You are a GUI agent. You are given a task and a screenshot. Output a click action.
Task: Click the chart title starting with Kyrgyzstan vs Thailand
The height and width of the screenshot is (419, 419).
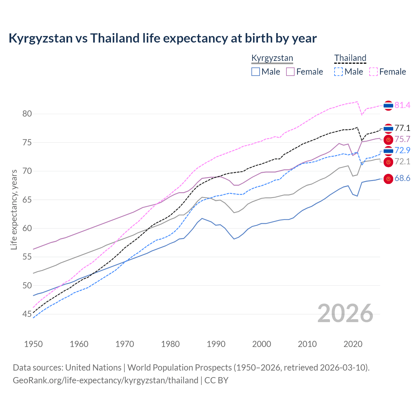pos(162,38)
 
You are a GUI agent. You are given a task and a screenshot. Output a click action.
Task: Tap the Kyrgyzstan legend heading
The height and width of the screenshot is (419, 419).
pos(272,58)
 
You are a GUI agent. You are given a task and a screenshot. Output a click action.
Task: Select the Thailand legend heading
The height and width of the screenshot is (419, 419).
pos(350,58)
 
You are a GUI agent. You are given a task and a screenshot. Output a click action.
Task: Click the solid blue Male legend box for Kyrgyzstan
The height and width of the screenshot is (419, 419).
pos(256,72)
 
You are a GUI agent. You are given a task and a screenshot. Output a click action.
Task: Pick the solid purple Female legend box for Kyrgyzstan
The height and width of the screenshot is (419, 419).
pos(290,72)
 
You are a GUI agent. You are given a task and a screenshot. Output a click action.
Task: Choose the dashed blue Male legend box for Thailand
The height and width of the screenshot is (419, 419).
pos(338,72)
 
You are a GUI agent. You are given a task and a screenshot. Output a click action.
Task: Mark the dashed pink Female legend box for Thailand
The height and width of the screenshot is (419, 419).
pos(373,72)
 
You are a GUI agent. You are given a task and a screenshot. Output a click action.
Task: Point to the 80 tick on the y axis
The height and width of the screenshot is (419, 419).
pos(27,114)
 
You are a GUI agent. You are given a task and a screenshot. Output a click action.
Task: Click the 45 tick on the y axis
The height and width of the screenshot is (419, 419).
pos(27,314)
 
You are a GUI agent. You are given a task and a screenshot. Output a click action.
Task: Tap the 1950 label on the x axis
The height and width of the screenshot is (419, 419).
pos(33,344)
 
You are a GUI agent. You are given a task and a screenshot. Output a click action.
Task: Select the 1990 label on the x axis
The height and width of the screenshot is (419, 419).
pos(216,344)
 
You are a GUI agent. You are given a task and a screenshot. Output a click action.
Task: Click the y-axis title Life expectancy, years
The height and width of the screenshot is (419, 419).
pos(14,209)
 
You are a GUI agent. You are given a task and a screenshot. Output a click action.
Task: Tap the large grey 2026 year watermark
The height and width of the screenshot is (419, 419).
pos(345,313)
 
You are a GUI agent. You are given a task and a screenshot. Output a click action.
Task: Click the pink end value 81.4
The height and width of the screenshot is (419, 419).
pos(402,105)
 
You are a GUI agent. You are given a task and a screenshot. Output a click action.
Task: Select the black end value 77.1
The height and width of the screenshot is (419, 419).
pos(402,128)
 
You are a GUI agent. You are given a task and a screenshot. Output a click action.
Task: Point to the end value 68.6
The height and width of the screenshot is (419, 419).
pos(402,178)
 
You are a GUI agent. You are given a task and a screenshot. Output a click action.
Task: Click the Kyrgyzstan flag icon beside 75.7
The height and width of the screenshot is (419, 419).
pos(388,140)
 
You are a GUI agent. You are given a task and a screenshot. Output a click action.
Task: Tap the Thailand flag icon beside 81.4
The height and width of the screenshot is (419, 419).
pos(388,105)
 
